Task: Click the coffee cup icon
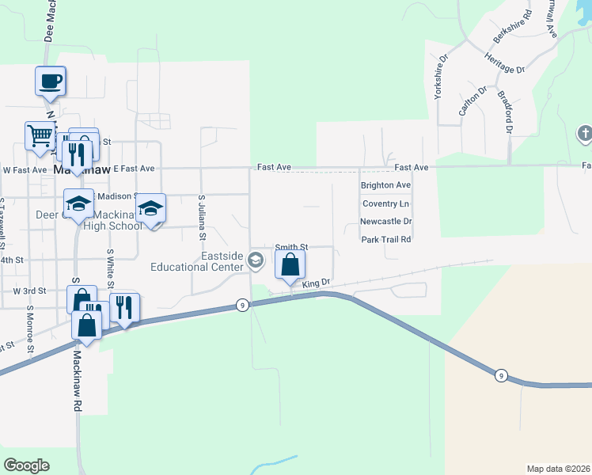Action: tap(50, 81)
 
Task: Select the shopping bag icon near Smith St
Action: tap(290, 264)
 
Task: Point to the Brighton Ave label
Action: tap(385, 185)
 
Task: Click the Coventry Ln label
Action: tap(385, 203)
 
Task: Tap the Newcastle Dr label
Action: tap(385, 222)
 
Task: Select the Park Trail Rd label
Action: tap(385, 239)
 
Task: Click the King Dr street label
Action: tap(314, 283)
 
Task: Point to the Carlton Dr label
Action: tap(469, 101)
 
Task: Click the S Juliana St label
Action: tap(203, 218)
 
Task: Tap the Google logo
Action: tap(26, 465)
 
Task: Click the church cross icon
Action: tap(585, 134)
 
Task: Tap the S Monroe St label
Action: tap(29, 329)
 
